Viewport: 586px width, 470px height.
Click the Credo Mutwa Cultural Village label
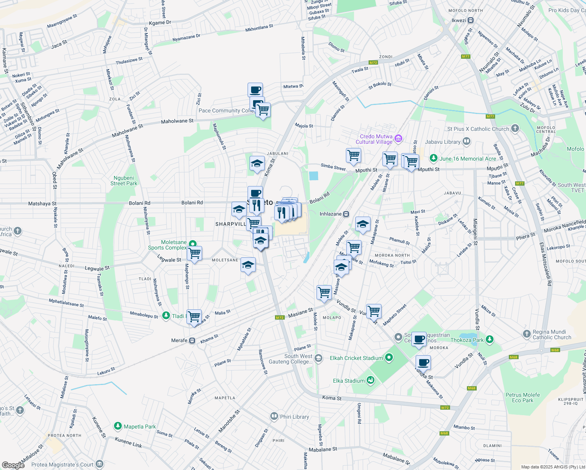tap(374, 139)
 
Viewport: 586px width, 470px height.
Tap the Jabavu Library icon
tap(466, 141)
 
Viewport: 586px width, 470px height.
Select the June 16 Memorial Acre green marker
tap(433, 158)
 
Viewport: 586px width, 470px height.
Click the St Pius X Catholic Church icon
tap(515, 128)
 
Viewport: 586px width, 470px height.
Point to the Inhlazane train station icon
tap(346, 214)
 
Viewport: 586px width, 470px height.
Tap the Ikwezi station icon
tap(471, 20)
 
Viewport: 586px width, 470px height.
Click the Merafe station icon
tap(192, 340)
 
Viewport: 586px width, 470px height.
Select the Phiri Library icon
tap(274, 416)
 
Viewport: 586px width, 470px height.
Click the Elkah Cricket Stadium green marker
tap(389, 358)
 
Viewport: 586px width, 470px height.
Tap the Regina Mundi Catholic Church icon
tap(527, 334)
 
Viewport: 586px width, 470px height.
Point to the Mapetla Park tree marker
tap(118, 426)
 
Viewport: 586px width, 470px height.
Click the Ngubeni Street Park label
tap(124, 181)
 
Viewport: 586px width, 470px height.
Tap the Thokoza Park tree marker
tap(489, 340)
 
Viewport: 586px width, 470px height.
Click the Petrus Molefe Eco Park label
tap(523, 398)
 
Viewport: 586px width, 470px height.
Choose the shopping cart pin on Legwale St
tap(194, 254)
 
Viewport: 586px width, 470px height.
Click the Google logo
tap(13, 465)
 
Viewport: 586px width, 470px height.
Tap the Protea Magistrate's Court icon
tap(99, 465)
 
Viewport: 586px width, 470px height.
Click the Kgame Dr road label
tap(160, 23)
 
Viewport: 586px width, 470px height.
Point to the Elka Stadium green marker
tap(371, 380)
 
